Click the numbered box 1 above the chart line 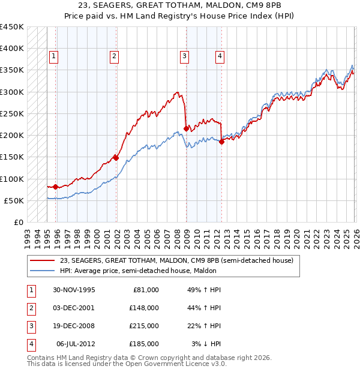point(53,56)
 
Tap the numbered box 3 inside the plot point(184,56)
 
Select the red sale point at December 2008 point(187,128)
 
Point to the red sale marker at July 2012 point(222,142)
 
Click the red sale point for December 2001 point(116,158)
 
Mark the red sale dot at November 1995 point(56,187)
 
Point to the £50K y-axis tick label point(14,200)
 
